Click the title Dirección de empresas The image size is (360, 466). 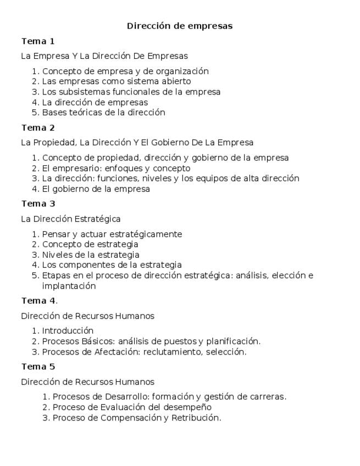(180, 26)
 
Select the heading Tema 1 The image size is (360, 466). (38, 41)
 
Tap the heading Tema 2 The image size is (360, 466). (38, 128)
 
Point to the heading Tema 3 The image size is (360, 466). (38, 204)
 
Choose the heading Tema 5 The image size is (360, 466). (38, 367)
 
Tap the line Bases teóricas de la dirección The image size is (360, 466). (103, 113)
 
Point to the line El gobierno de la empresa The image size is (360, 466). (96, 189)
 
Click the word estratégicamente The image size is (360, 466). (145, 234)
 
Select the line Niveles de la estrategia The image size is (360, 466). (91, 254)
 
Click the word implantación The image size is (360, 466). (69, 286)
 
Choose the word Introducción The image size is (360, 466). (68, 331)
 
